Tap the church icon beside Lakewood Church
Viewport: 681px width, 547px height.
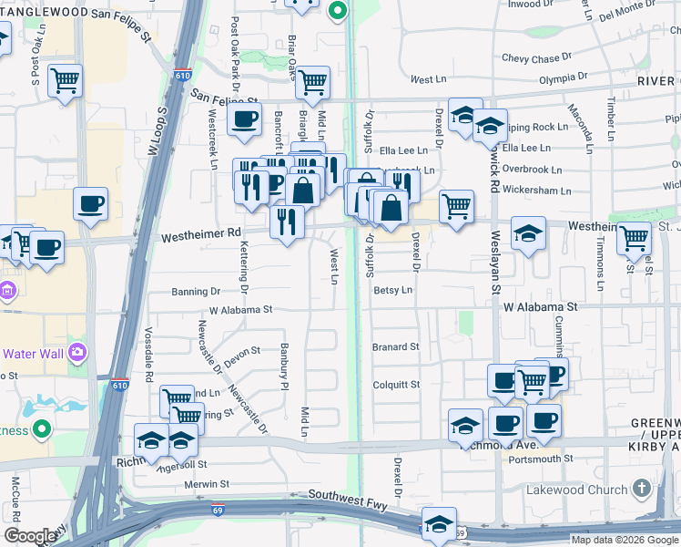(643, 489)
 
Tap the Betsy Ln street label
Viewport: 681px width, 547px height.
(393, 290)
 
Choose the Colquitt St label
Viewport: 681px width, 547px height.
(396, 385)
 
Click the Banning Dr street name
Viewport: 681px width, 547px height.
(196, 292)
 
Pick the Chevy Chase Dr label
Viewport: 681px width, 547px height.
(537, 58)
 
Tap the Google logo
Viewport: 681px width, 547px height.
(30, 536)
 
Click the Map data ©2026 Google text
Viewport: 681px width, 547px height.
(624, 540)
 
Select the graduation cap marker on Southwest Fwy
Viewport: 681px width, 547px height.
(439, 524)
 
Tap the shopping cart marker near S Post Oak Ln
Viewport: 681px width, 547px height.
(66, 80)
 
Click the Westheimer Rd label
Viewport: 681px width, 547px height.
(201, 236)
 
